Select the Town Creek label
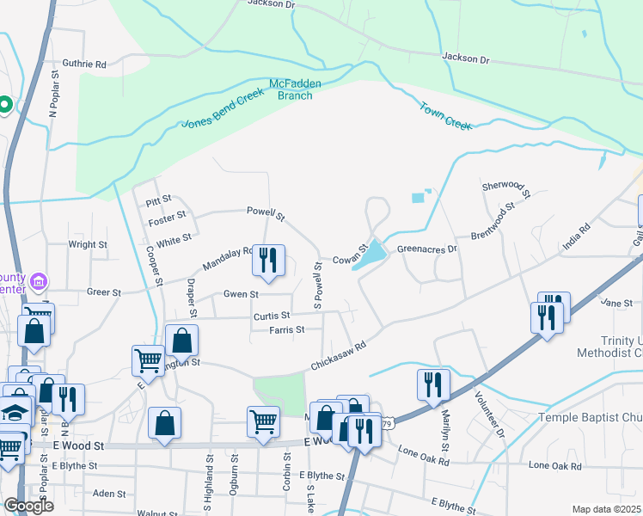pyautogui.click(x=445, y=116)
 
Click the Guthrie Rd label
pyautogui.click(x=84, y=64)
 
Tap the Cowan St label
pyautogui.click(x=350, y=258)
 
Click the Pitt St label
pyautogui.click(x=159, y=200)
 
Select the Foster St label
pyautogui.click(x=167, y=219)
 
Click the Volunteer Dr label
pyautogui.click(x=488, y=414)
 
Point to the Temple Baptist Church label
pyautogui.click(x=590, y=418)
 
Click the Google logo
pyautogui.click(x=28, y=506)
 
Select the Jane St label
pyautogui.click(x=616, y=303)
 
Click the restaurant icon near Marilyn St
pyautogui.click(x=432, y=384)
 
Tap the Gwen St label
pyautogui.click(x=242, y=294)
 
